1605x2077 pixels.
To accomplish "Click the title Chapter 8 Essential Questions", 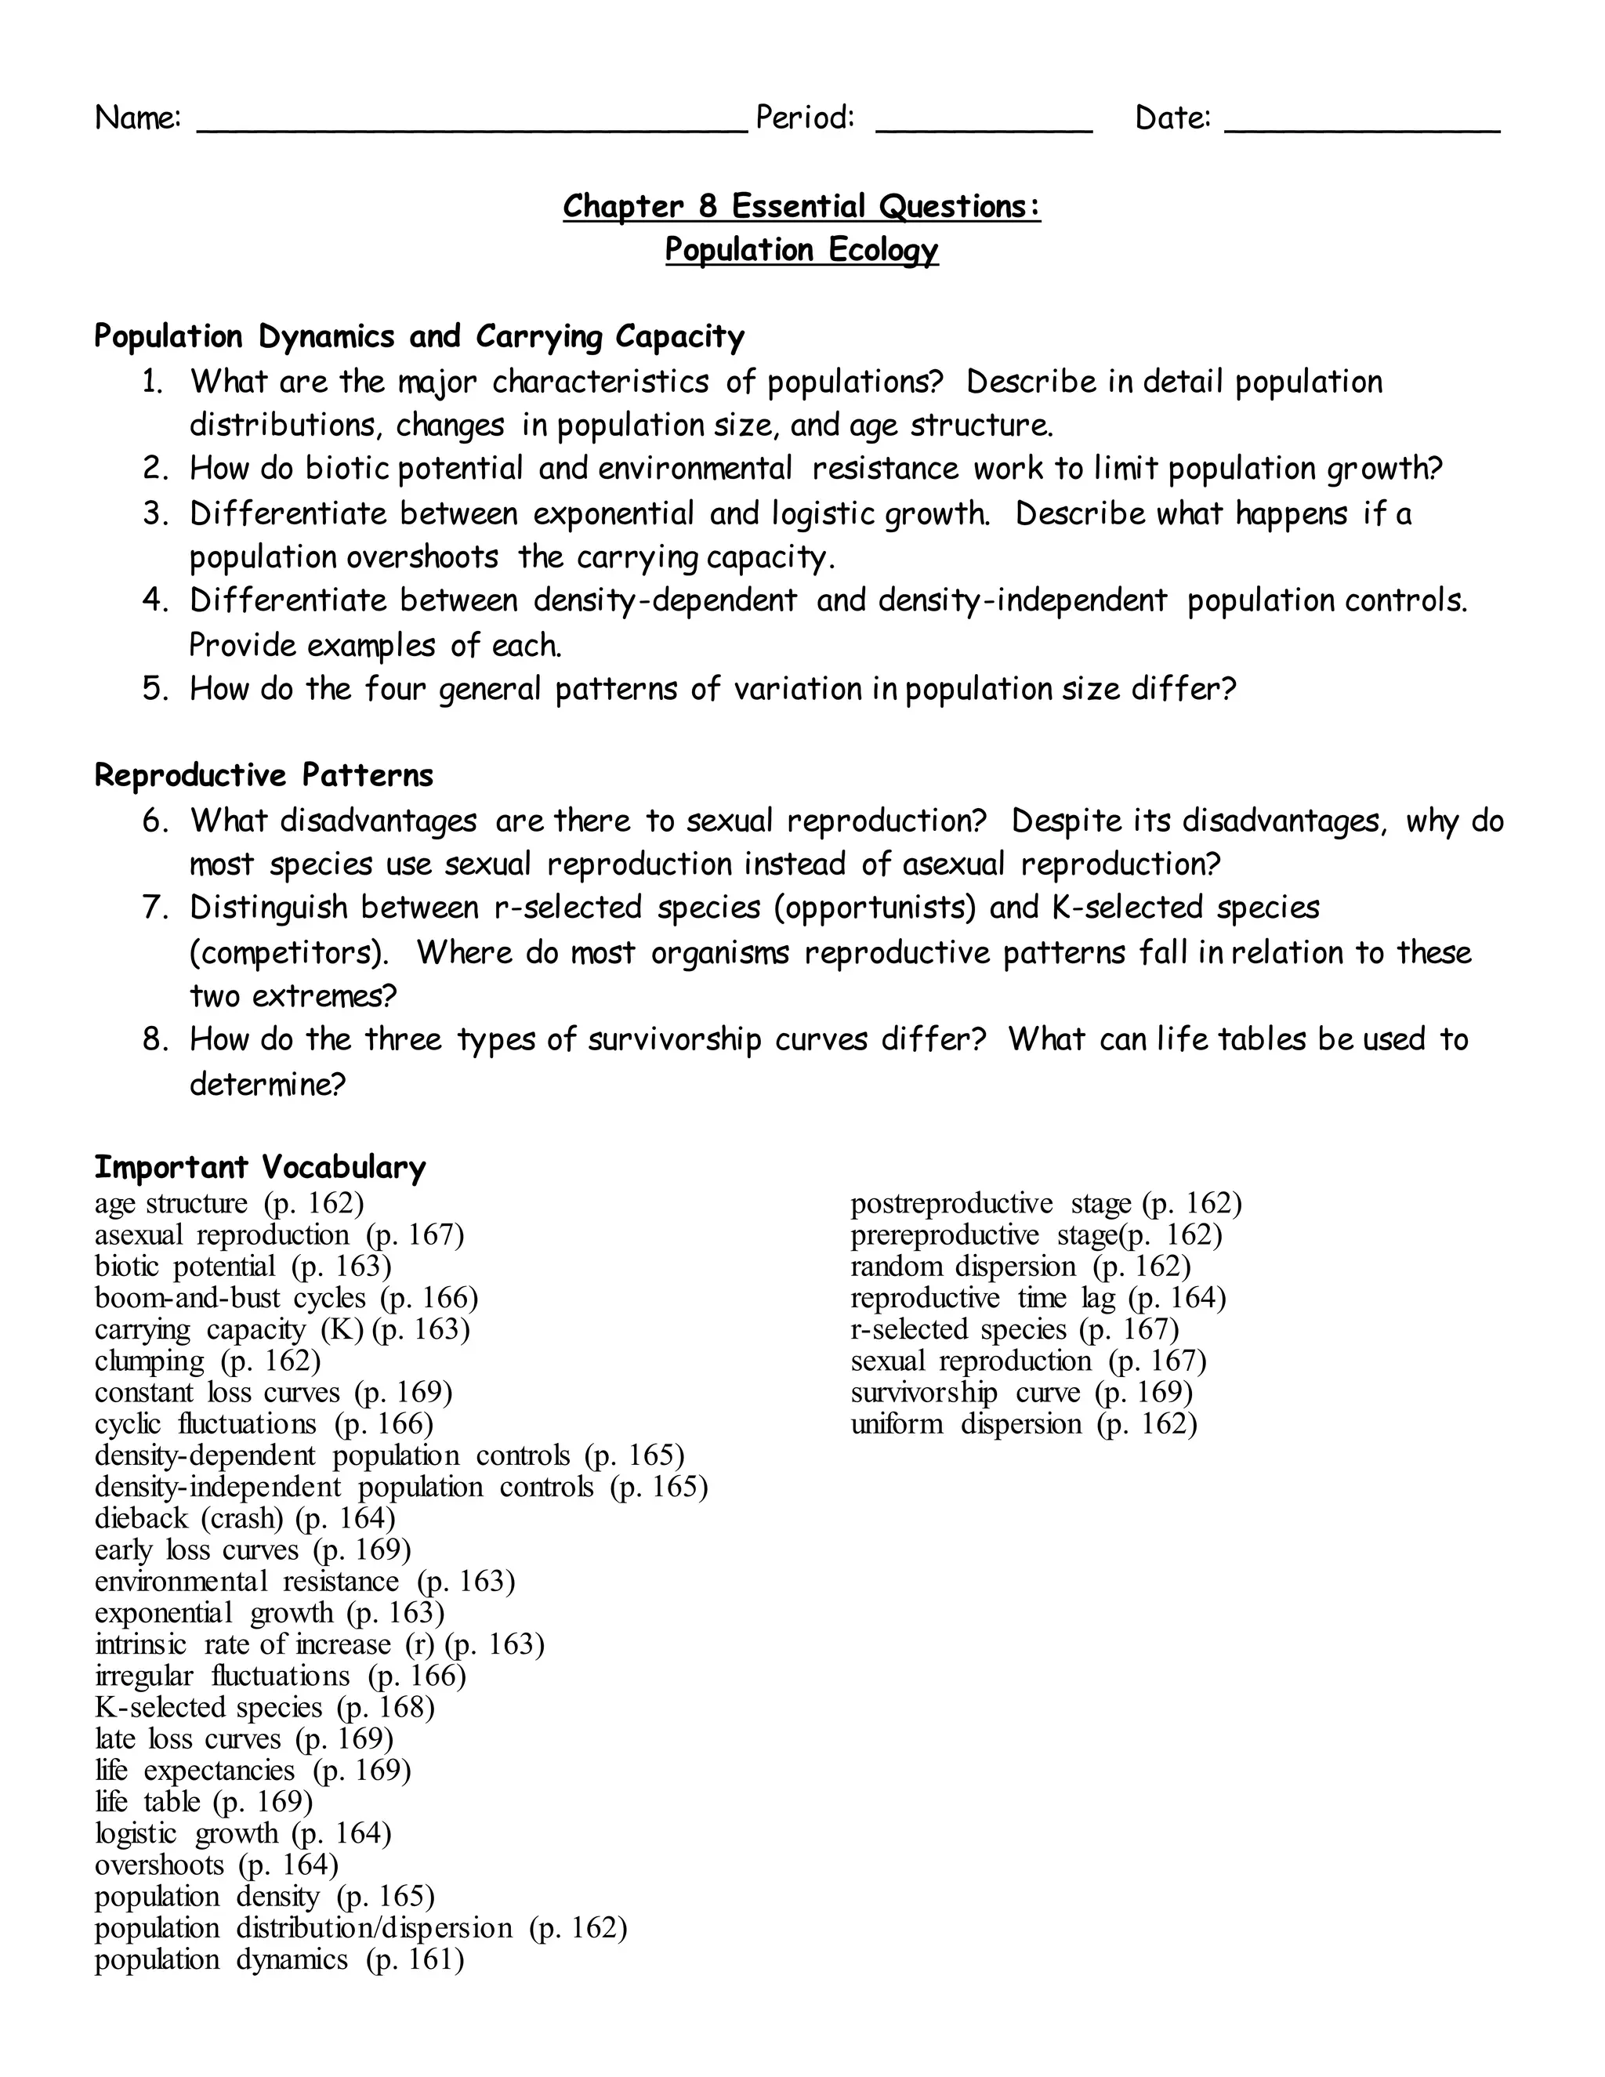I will [801, 205].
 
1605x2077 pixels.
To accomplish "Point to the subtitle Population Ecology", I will [801, 249].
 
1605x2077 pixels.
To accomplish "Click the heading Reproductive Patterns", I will [263, 775].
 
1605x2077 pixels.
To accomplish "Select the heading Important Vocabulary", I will [259, 1166].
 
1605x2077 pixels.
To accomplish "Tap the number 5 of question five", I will [154, 688].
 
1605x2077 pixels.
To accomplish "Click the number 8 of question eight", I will [154, 1038].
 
